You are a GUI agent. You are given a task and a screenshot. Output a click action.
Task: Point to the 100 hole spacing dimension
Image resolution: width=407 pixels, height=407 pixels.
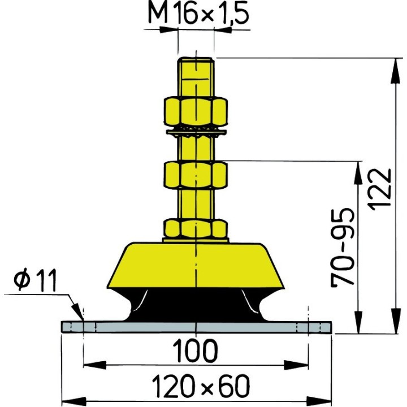tap(196, 352)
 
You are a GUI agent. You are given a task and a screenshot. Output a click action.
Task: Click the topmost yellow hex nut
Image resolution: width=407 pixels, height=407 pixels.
tap(196, 111)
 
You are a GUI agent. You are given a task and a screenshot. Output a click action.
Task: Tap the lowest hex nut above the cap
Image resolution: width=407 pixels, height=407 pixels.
tap(196, 229)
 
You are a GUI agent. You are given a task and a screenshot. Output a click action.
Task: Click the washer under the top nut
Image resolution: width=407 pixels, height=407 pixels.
tap(196, 133)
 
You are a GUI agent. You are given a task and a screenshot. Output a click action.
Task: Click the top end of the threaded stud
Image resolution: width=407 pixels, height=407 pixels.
tap(196, 60)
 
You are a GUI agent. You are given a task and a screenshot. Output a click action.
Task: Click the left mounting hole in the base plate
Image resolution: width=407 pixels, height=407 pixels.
tap(83, 327)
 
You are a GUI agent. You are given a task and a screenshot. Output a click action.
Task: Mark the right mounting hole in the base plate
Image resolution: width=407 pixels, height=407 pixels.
tap(309, 327)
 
